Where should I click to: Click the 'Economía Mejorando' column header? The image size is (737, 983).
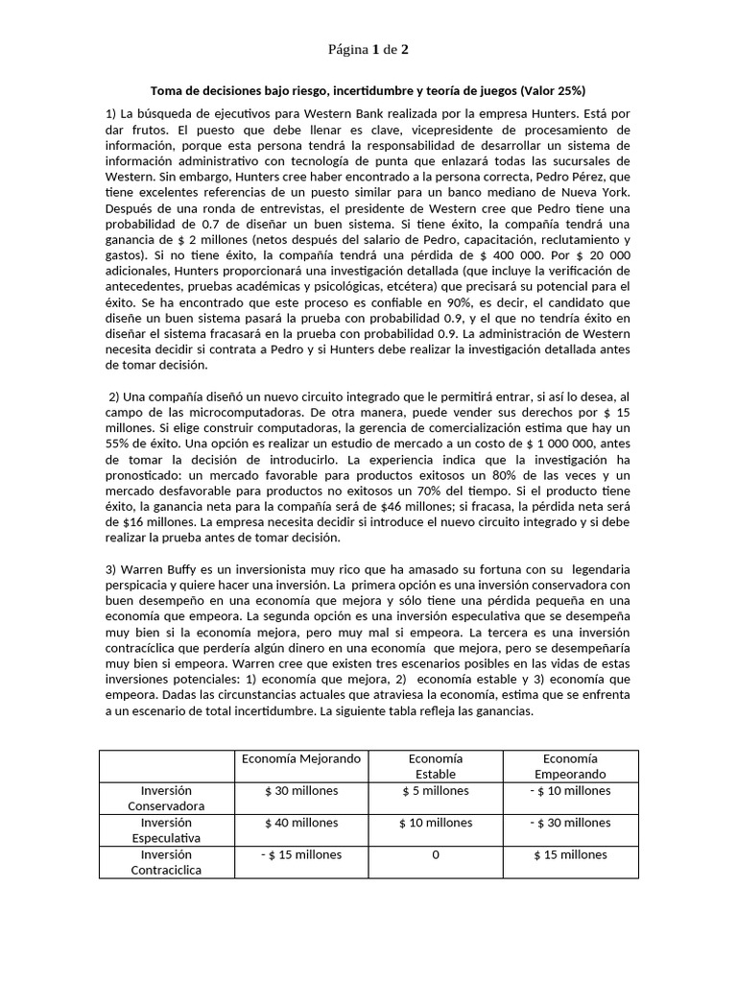pos(302,758)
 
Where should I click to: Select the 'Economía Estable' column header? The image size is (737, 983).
pos(435,766)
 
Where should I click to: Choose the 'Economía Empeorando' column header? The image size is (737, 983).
pos(570,766)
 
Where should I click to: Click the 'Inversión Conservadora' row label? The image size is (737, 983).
pos(167,798)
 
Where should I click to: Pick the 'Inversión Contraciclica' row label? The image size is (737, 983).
pos(167,861)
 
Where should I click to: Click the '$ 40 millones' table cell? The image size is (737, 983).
pos(301,823)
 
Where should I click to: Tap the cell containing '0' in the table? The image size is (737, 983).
pos(436,854)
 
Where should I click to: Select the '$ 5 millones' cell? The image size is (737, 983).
pos(435,791)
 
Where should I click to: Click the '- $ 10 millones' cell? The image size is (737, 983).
pos(570,791)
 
